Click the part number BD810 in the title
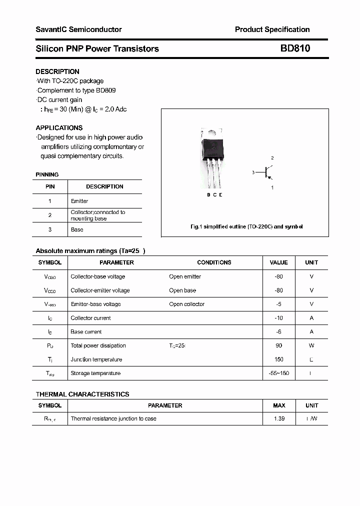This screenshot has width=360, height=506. pyautogui.click(x=294, y=48)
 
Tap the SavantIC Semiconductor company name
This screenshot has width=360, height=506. pyautogui.click(x=78, y=29)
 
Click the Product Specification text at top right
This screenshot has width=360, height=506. pyautogui.click(x=272, y=29)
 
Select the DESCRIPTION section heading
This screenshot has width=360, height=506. pyautogui.click(x=57, y=71)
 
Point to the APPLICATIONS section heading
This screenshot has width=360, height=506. pyautogui.click(x=59, y=127)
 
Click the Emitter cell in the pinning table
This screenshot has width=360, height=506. pyautogui.click(x=79, y=201)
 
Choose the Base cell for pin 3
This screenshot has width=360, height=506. pyautogui.click(x=77, y=229)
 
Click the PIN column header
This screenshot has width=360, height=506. pyautogui.click(x=50, y=186)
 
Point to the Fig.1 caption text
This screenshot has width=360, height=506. pyautogui.click(x=246, y=226)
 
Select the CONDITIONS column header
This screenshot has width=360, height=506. pyautogui.click(x=214, y=262)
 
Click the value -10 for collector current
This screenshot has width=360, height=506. pyautogui.click(x=278, y=318)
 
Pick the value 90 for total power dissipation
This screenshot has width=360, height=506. pyautogui.click(x=278, y=345)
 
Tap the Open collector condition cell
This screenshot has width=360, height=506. pyautogui.click(x=186, y=304)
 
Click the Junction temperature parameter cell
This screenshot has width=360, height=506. pyautogui.click(x=96, y=359)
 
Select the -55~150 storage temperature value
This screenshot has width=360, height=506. pyautogui.click(x=278, y=373)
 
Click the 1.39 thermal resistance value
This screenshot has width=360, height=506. pyautogui.click(x=279, y=418)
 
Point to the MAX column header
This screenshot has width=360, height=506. pyautogui.click(x=279, y=405)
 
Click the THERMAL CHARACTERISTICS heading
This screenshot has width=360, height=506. pyautogui.click(x=82, y=394)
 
